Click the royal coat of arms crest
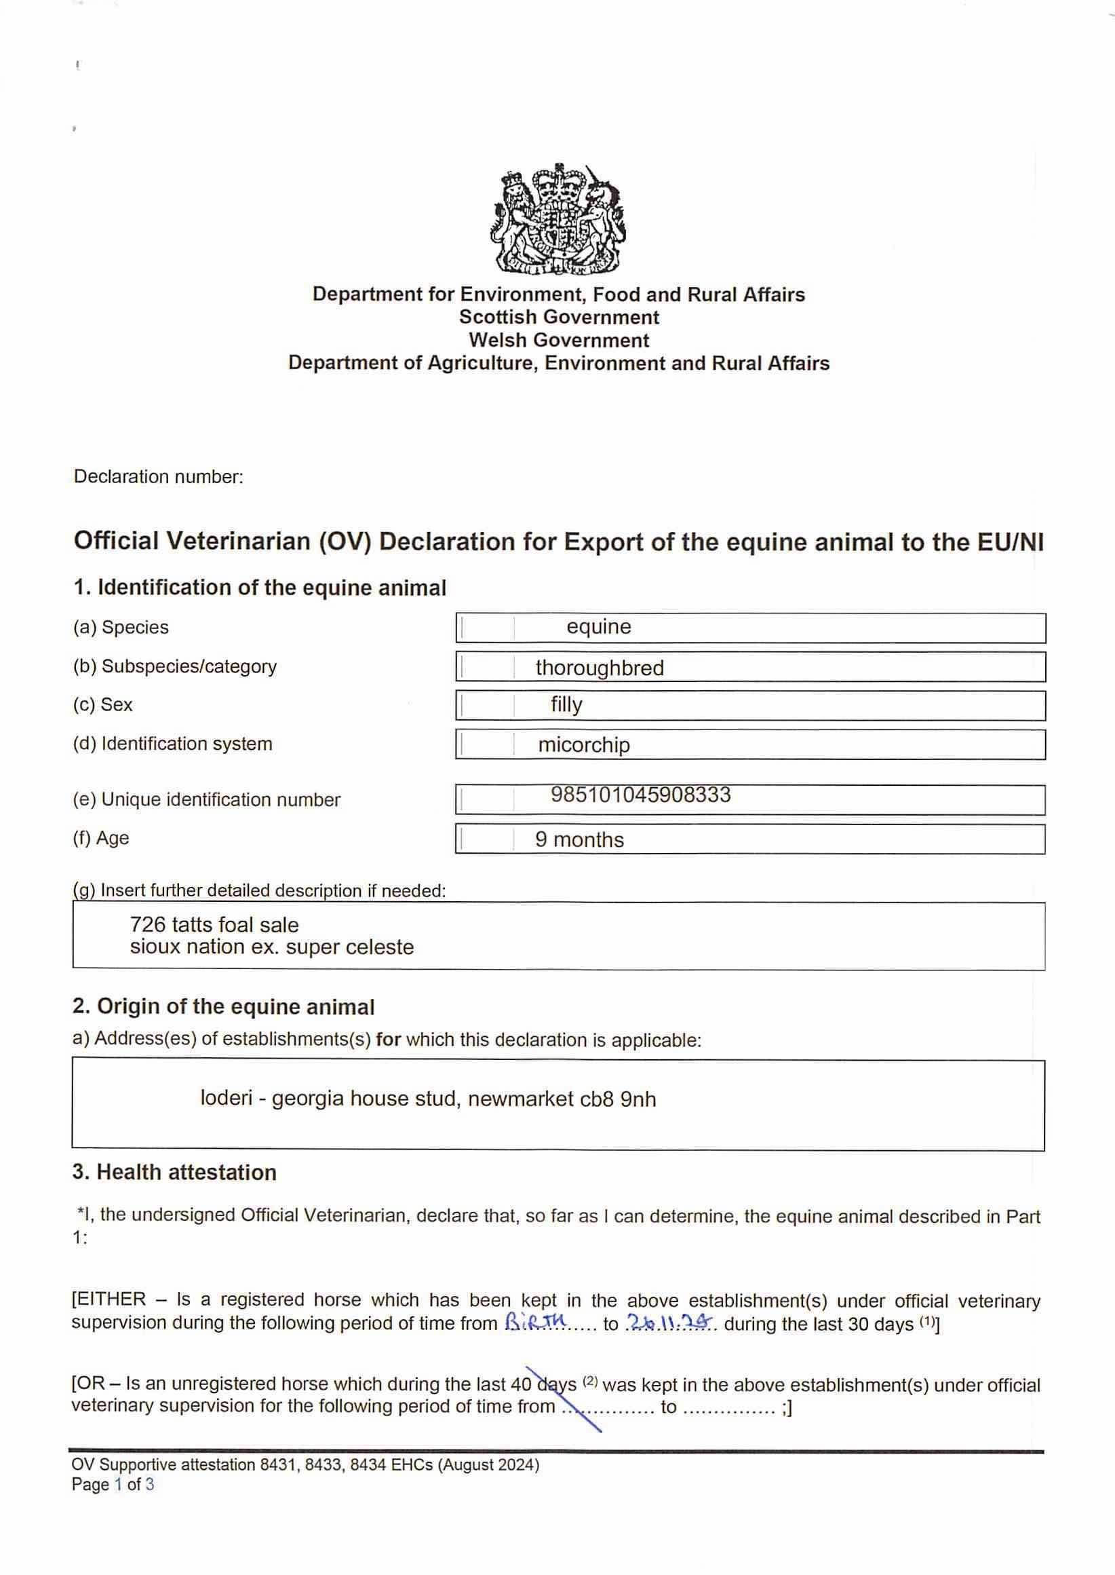557,219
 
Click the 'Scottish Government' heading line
558,318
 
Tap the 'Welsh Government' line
558,340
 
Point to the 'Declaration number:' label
159,476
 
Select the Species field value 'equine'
599,626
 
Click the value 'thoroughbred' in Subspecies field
600,668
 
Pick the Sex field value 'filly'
566,705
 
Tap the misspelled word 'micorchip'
583,744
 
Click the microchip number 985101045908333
640,795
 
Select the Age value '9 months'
579,839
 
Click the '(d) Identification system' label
172,744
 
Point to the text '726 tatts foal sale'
214,924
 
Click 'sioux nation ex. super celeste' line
272,947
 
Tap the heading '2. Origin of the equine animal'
223,1007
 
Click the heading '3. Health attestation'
174,1173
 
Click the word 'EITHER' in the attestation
111,1299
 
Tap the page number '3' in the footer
150,1484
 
